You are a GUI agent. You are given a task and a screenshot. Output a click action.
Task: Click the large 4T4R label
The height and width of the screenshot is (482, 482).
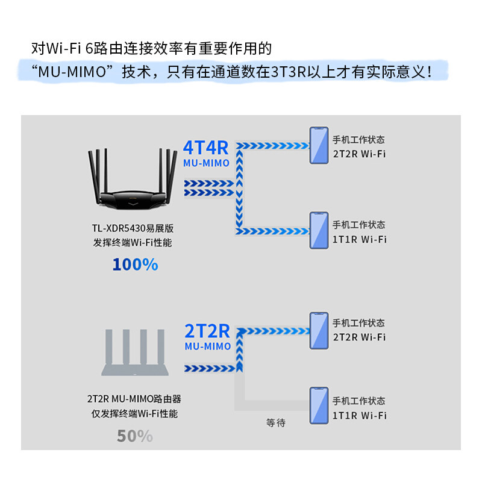click(x=206, y=148)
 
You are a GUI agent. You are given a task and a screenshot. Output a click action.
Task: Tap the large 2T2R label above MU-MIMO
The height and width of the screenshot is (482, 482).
click(x=207, y=331)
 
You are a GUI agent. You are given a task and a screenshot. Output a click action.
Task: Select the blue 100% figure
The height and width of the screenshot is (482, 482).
click(x=135, y=264)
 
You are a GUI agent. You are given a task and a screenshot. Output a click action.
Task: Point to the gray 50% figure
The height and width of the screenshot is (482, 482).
click(x=135, y=436)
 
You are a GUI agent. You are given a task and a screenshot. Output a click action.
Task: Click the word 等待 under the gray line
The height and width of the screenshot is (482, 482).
click(x=275, y=423)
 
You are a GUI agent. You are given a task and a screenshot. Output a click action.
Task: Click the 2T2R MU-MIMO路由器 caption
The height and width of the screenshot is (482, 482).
click(x=134, y=399)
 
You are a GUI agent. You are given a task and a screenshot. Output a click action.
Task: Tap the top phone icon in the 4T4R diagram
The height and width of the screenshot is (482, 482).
click(x=319, y=145)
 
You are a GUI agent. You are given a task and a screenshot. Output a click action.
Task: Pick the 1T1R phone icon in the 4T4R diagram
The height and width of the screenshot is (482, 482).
click(x=319, y=231)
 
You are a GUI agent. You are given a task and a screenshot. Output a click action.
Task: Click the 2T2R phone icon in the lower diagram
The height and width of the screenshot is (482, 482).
click(x=319, y=330)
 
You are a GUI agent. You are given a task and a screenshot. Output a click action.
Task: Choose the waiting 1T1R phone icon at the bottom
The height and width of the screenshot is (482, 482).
click(x=319, y=407)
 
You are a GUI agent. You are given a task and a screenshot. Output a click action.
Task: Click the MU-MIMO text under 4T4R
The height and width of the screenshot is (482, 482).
click(x=207, y=163)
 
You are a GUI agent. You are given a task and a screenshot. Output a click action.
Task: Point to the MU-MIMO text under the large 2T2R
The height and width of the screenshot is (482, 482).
click(x=208, y=346)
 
